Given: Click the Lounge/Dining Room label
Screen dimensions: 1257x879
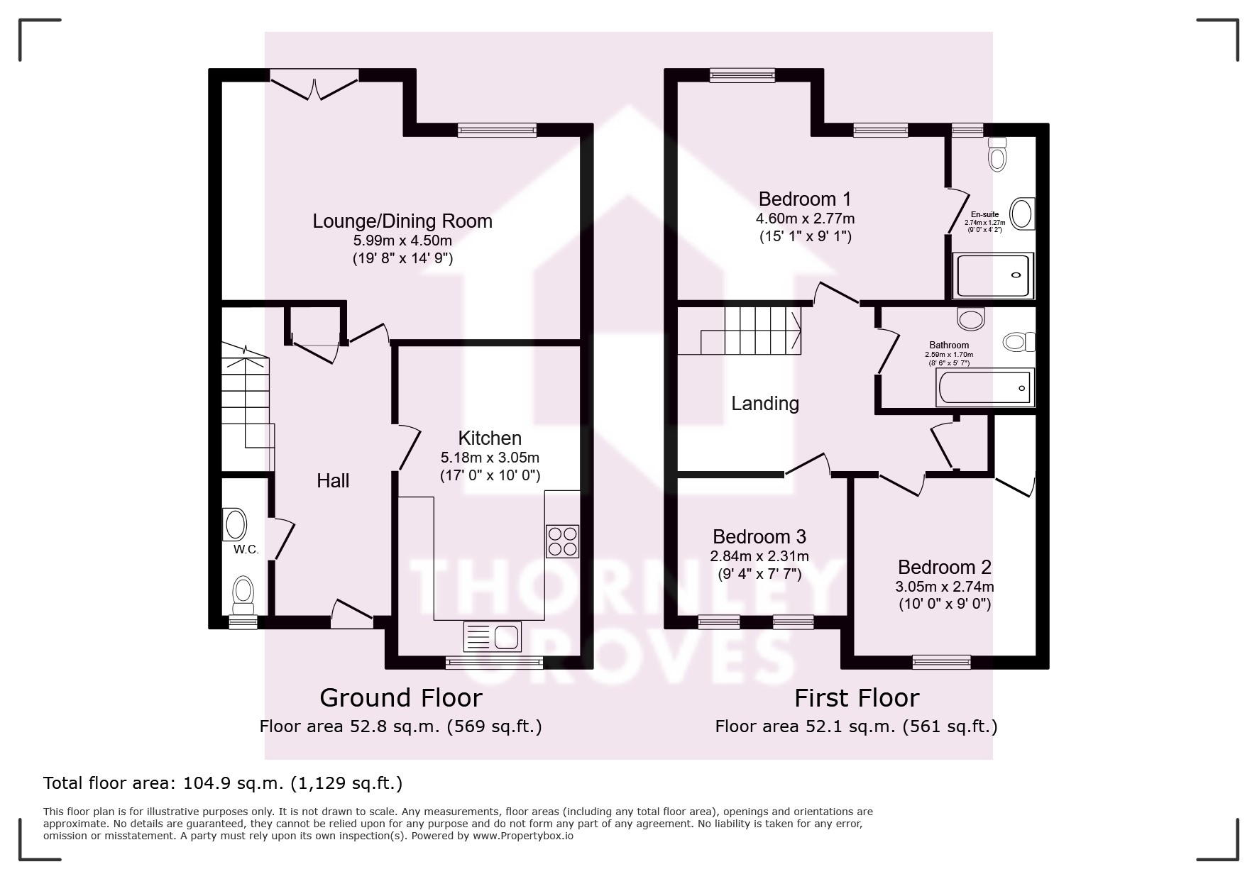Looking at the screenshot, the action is pos(402,221).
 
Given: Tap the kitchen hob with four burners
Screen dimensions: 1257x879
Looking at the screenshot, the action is pos(562,541).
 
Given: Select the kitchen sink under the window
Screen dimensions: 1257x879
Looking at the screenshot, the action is pos(492,636).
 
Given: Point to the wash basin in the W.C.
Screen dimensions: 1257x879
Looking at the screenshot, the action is pos(235,525).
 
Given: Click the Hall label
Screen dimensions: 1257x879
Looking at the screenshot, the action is pos(333,481).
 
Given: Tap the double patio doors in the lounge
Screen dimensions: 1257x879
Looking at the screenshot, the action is pos(314,84).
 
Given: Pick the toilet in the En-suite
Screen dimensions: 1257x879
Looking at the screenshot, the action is pos(997,154).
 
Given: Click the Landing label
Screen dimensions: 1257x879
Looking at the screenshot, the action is pos(765,404).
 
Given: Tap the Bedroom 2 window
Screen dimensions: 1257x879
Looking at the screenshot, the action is pos(941,661).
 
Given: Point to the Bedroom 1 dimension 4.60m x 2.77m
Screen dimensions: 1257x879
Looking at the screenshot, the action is pos(806,219).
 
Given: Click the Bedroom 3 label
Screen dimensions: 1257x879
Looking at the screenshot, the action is pos(759,537).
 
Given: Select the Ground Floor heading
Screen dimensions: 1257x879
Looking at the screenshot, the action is pos(401,698).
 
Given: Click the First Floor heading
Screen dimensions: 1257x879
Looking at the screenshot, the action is pos(857,698).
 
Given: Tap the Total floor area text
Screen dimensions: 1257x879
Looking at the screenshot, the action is pos(223,783).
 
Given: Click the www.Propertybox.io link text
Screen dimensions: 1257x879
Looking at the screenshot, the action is pos(522,836).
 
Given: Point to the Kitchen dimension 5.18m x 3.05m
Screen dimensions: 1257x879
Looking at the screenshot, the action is pos(490,458).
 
